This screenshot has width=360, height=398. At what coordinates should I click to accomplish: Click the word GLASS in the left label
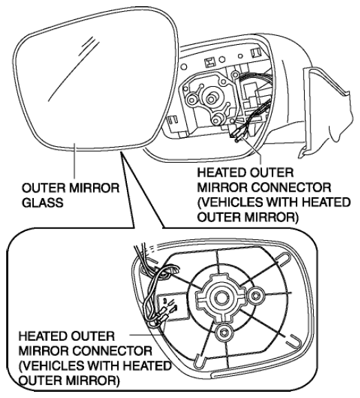[x=42, y=203]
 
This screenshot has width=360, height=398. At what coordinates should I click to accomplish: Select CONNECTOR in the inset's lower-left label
[x=112, y=351]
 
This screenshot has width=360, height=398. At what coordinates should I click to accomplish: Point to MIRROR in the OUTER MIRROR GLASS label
[x=92, y=188]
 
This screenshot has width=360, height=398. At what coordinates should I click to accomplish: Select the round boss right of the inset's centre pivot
[x=256, y=295]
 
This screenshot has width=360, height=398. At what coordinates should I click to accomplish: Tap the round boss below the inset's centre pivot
[x=224, y=332]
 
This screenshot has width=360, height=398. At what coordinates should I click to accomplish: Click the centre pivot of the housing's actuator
[x=210, y=98]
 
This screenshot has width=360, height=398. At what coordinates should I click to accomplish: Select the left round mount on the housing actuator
[x=192, y=99]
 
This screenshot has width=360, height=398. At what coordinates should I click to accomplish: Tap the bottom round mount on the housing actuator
[x=218, y=118]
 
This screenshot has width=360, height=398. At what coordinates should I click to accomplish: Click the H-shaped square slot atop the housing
[x=210, y=63]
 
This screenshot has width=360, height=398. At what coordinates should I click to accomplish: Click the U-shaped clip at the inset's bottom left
[x=200, y=361]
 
